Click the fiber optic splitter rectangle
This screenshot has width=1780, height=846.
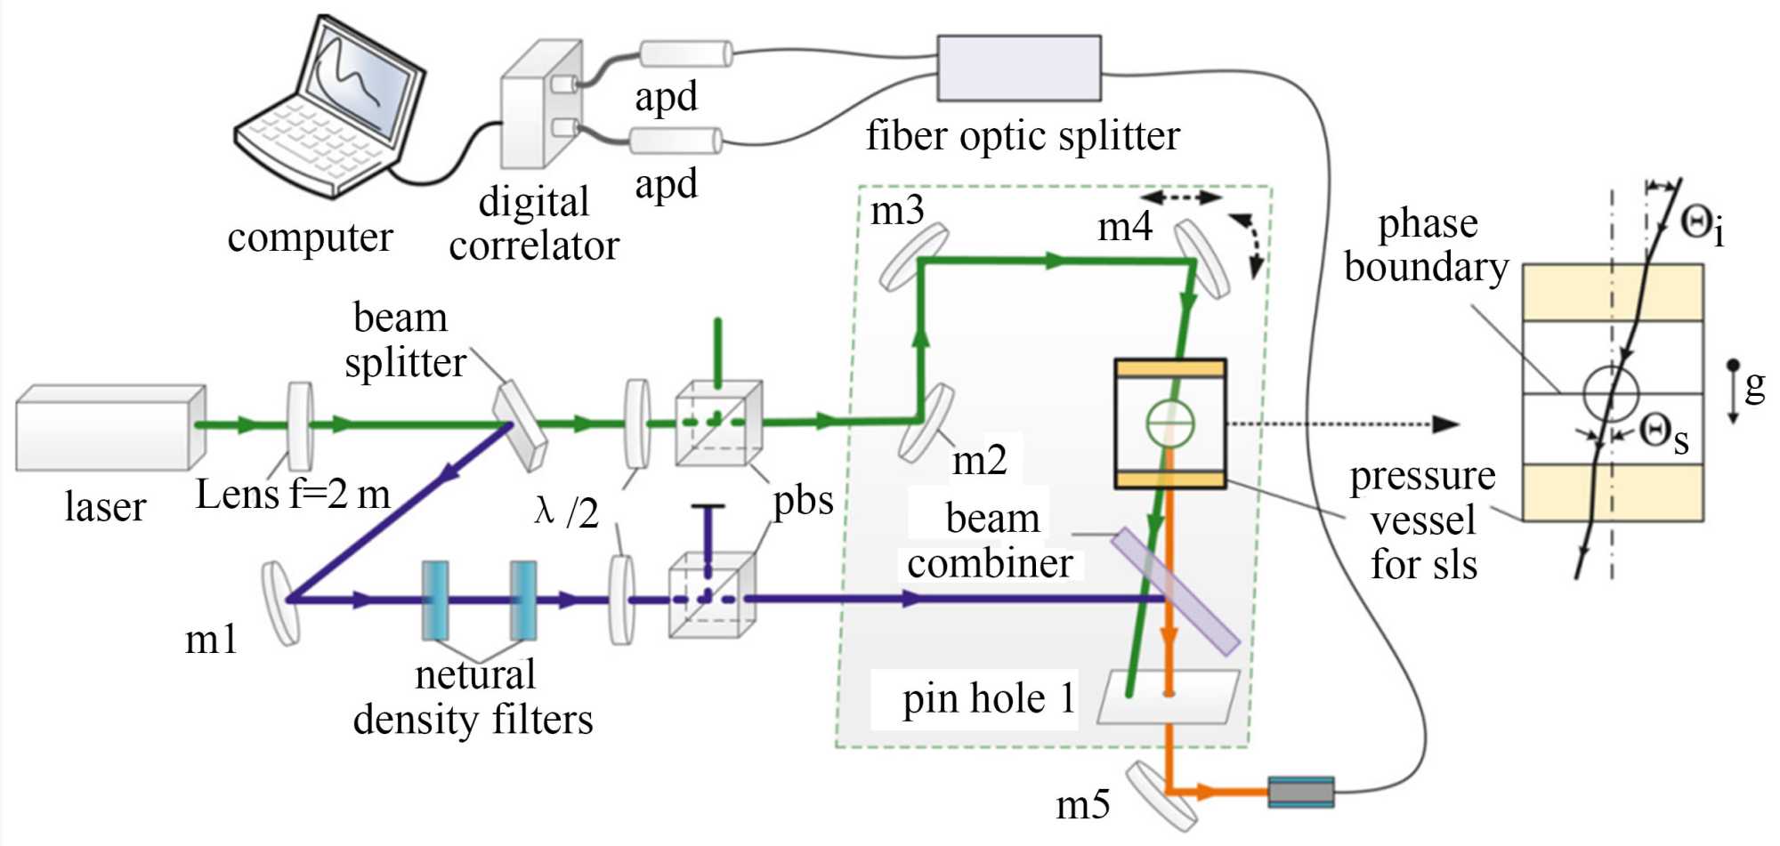(x=1018, y=68)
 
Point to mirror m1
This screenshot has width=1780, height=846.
(x=280, y=601)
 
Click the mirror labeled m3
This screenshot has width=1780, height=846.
(x=913, y=257)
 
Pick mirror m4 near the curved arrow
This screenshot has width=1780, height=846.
(x=1202, y=258)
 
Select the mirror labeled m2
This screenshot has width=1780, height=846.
(x=926, y=423)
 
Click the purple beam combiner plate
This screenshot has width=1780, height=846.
(x=1175, y=592)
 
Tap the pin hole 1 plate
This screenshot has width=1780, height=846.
(x=1168, y=696)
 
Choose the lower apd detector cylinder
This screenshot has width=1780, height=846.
(x=676, y=141)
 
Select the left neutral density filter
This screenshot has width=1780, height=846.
(x=434, y=600)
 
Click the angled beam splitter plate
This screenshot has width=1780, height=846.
(x=520, y=425)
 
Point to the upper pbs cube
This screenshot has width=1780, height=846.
(x=717, y=423)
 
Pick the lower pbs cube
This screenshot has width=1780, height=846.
(x=711, y=595)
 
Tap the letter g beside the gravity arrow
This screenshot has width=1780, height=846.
(x=1754, y=384)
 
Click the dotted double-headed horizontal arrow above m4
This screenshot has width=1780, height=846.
(x=1181, y=197)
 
